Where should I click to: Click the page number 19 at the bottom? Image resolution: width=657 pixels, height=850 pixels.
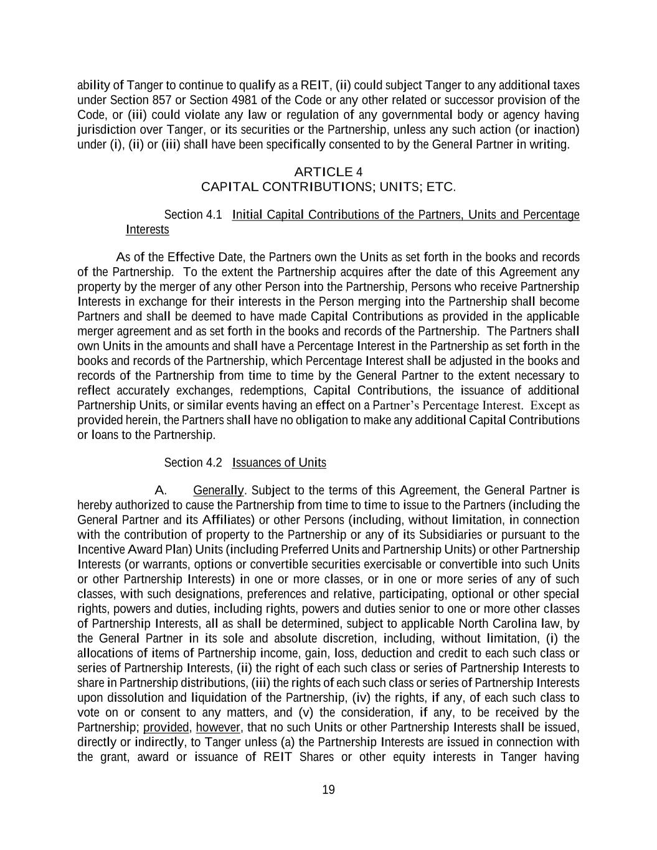point(328,790)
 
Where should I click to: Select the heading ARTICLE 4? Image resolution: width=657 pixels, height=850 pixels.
point(328,172)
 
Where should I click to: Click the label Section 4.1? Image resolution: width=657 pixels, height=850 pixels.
point(192,215)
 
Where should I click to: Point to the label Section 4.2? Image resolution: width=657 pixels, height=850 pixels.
point(192,463)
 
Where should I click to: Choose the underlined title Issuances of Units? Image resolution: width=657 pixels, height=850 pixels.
point(279,463)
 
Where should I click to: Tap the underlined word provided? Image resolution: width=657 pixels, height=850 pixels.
point(166,727)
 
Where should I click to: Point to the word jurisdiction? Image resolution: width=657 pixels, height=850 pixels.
point(106,130)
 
